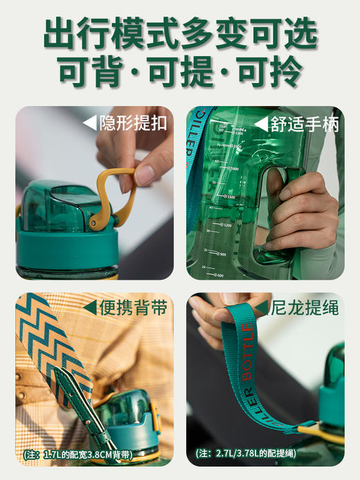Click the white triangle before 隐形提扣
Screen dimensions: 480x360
pos(90,123)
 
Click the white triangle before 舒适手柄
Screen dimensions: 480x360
pos(261,124)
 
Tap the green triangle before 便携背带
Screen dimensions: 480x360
pos(90,308)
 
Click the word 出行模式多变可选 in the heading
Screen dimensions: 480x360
pos(180,33)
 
